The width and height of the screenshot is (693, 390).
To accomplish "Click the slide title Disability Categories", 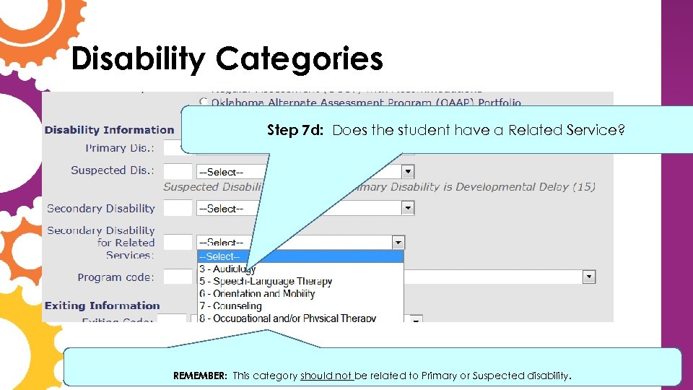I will pos(227,59).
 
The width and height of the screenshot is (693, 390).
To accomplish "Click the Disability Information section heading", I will pos(109,130).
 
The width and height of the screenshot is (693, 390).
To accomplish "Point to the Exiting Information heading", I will pos(102,305).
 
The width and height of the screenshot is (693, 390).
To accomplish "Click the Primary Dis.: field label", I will pos(120,148).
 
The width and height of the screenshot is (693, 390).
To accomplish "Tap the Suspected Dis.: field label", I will pos(113,170).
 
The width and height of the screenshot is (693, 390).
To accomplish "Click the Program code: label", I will pos(115,277).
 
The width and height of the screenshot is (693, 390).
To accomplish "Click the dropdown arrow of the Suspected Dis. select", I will pos(408,171).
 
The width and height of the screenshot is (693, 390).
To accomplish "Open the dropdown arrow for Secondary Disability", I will pos(408,208).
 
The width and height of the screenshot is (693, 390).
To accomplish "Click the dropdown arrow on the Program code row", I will pos(589,277).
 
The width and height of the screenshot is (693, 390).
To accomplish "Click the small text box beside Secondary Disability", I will pos(178,208).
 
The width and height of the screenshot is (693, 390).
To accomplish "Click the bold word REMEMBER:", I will pos(200,376).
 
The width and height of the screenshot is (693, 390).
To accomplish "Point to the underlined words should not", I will pos(326,376).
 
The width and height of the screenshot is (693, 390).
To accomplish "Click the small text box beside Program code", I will pos(178,277).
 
